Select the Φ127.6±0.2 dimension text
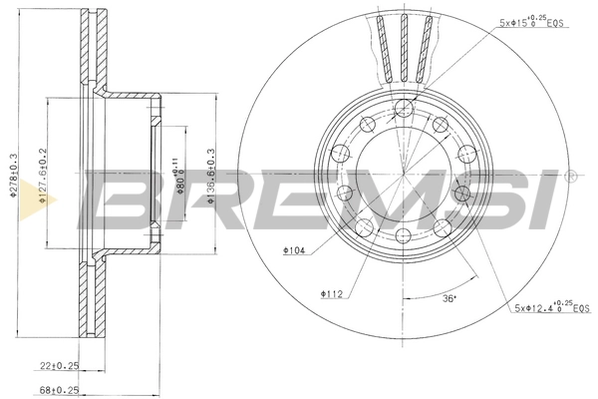(x=43, y=180)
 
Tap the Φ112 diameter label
(x=331, y=293)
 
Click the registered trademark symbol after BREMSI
(x=570, y=177)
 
